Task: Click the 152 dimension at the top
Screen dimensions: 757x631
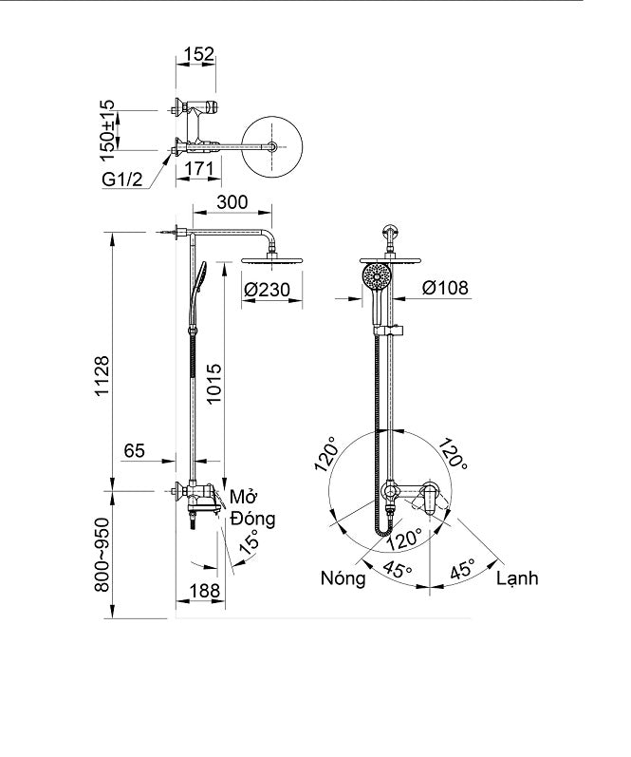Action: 196,55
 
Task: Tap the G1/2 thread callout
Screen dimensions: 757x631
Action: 124,180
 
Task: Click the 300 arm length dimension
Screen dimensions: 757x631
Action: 232,202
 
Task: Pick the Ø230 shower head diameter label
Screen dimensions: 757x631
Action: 268,289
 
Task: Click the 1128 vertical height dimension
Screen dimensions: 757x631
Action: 103,379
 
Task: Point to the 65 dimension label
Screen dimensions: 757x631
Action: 134,452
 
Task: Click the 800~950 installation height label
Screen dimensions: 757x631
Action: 103,554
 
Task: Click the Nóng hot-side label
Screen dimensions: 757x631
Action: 343,578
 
